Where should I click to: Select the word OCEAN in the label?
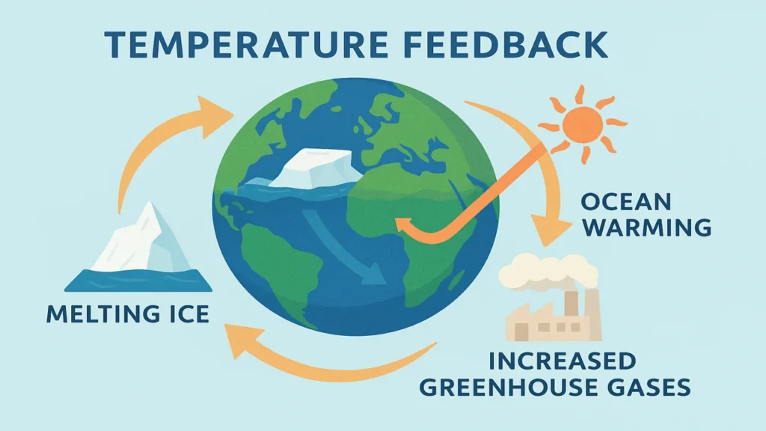628,202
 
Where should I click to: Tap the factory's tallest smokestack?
592,311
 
